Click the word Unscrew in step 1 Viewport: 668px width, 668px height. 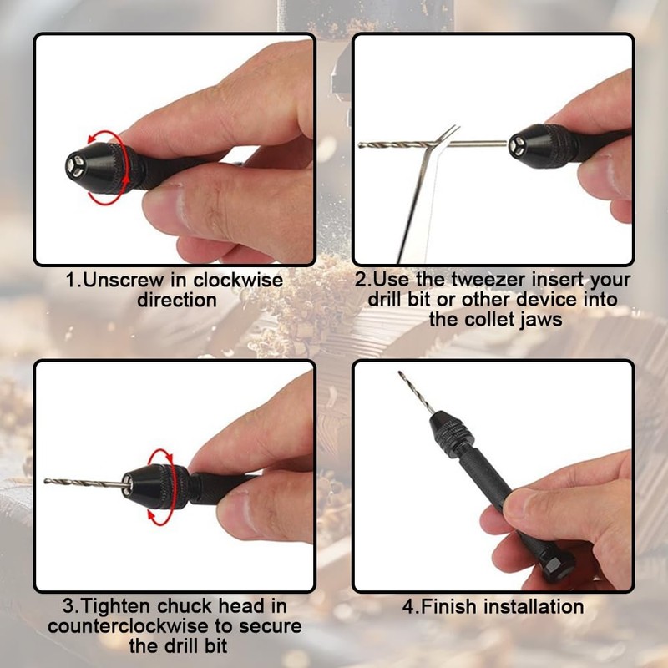coord(118,281)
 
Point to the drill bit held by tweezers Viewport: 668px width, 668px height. coord(392,145)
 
